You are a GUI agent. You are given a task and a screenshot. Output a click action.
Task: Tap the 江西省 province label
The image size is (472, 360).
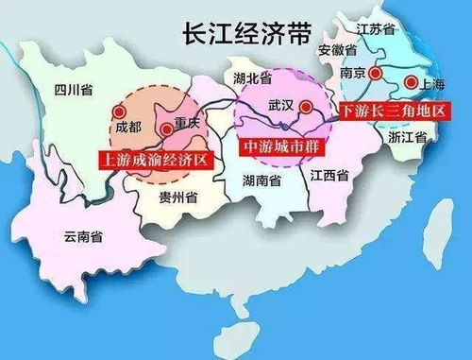[327, 175]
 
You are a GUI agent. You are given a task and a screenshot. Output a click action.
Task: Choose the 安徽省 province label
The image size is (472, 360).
[337, 49]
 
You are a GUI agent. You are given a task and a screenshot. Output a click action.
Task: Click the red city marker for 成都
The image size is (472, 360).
[119, 110]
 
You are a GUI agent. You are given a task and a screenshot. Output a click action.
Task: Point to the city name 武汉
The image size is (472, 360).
[281, 105]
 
